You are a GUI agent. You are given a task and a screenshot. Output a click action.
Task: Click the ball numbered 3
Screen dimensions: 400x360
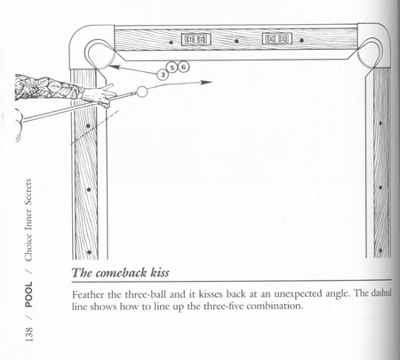[x=163, y=75]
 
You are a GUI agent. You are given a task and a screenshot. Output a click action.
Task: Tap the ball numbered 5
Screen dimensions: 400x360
[x=172, y=68]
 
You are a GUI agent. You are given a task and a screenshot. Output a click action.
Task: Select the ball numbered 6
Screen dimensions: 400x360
[x=183, y=67]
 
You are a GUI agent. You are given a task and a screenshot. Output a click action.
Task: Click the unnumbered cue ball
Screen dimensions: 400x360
[x=142, y=92]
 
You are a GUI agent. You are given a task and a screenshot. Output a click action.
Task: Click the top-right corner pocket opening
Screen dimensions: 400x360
[x=371, y=52]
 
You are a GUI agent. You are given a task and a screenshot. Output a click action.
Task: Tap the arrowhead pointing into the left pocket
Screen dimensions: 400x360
[x=115, y=68]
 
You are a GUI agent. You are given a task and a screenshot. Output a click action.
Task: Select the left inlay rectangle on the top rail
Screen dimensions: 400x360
[x=196, y=39]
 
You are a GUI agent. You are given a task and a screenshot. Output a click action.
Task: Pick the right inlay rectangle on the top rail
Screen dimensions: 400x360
[x=277, y=38]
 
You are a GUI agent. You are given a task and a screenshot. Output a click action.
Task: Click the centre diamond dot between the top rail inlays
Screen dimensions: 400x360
[x=236, y=41]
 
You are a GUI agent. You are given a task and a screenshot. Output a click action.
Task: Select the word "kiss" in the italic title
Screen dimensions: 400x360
[x=160, y=272]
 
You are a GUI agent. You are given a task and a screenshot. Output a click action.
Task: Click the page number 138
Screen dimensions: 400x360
[x=29, y=334]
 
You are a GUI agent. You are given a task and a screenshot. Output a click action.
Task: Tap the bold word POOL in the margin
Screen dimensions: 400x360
[x=28, y=294]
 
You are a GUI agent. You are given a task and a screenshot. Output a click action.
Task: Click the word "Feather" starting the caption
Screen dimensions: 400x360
[x=88, y=294]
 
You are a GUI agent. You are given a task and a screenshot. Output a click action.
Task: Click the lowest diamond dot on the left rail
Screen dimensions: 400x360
[x=89, y=252]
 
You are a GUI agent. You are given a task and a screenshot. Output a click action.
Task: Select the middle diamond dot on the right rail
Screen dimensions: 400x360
[x=380, y=188]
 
